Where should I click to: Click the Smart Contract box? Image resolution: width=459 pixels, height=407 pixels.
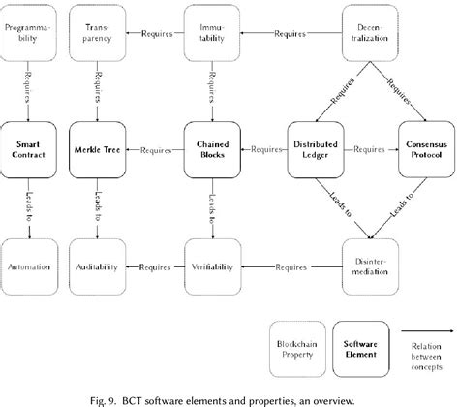29,150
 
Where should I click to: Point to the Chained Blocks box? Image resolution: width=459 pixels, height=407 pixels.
212,150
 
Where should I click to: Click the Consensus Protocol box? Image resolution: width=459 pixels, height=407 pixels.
425,150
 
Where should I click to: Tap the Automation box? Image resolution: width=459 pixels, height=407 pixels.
29,264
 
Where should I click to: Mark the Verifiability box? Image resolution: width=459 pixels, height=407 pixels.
212,264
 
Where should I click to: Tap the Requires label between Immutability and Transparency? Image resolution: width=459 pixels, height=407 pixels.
156,36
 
